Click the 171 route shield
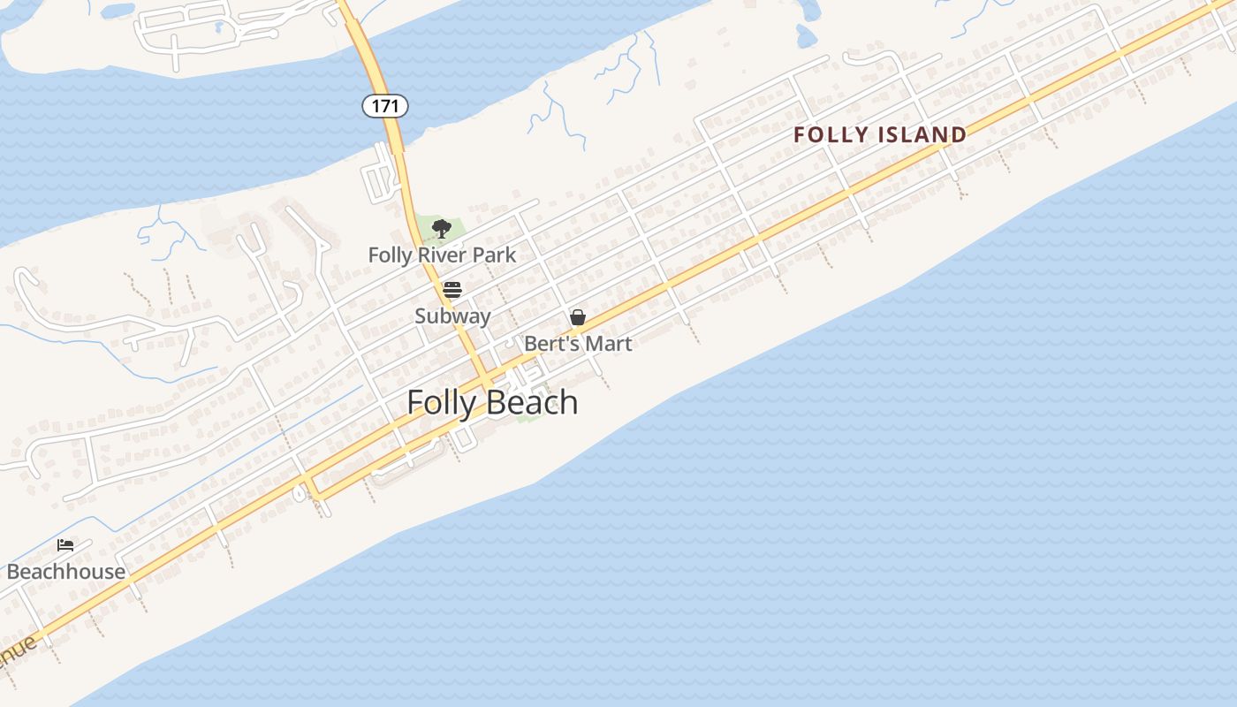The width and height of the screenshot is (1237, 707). coord(384,106)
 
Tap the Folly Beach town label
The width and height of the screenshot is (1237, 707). coord(492,402)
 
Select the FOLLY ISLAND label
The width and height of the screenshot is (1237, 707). coord(879,134)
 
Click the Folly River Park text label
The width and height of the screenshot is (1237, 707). coord(442,255)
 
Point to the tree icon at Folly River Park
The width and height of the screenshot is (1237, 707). coord(442,230)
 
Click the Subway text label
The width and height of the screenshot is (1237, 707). coord(452,315)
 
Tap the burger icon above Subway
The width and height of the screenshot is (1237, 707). coord(452,289)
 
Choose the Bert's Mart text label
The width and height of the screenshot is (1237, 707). coord(578,343)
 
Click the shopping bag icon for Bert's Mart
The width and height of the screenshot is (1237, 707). coord(578,317)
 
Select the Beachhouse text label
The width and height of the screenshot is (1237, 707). coord(66,571)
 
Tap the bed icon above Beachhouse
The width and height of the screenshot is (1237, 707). coord(65,545)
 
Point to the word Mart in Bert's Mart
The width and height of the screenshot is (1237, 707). coord(611,343)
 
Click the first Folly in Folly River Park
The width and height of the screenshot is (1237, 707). coord(389,255)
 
